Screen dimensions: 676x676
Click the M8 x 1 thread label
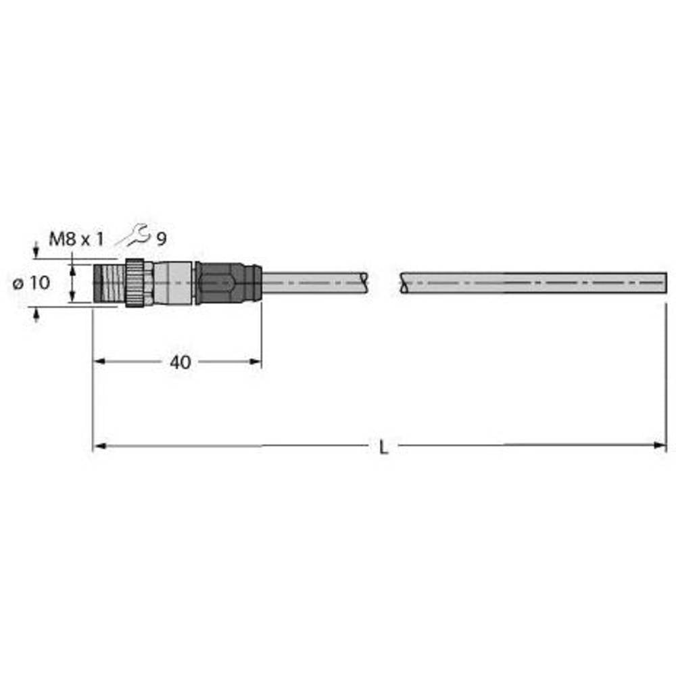(x=77, y=239)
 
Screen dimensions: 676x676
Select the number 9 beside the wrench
(x=162, y=239)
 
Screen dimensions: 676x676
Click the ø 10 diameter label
(x=32, y=283)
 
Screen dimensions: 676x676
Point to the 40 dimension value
(x=180, y=362)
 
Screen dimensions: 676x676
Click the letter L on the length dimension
(x=383, y=447)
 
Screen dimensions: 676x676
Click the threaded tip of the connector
(x=108, y=283)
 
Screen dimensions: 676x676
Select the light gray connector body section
(x=174, y=283)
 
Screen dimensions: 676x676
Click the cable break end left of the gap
(x=365, y=283)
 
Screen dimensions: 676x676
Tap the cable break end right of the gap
(x=404, y=283)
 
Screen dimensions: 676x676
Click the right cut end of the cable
(x=665, y=283)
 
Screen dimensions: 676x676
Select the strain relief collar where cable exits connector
(x=253, y=283)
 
